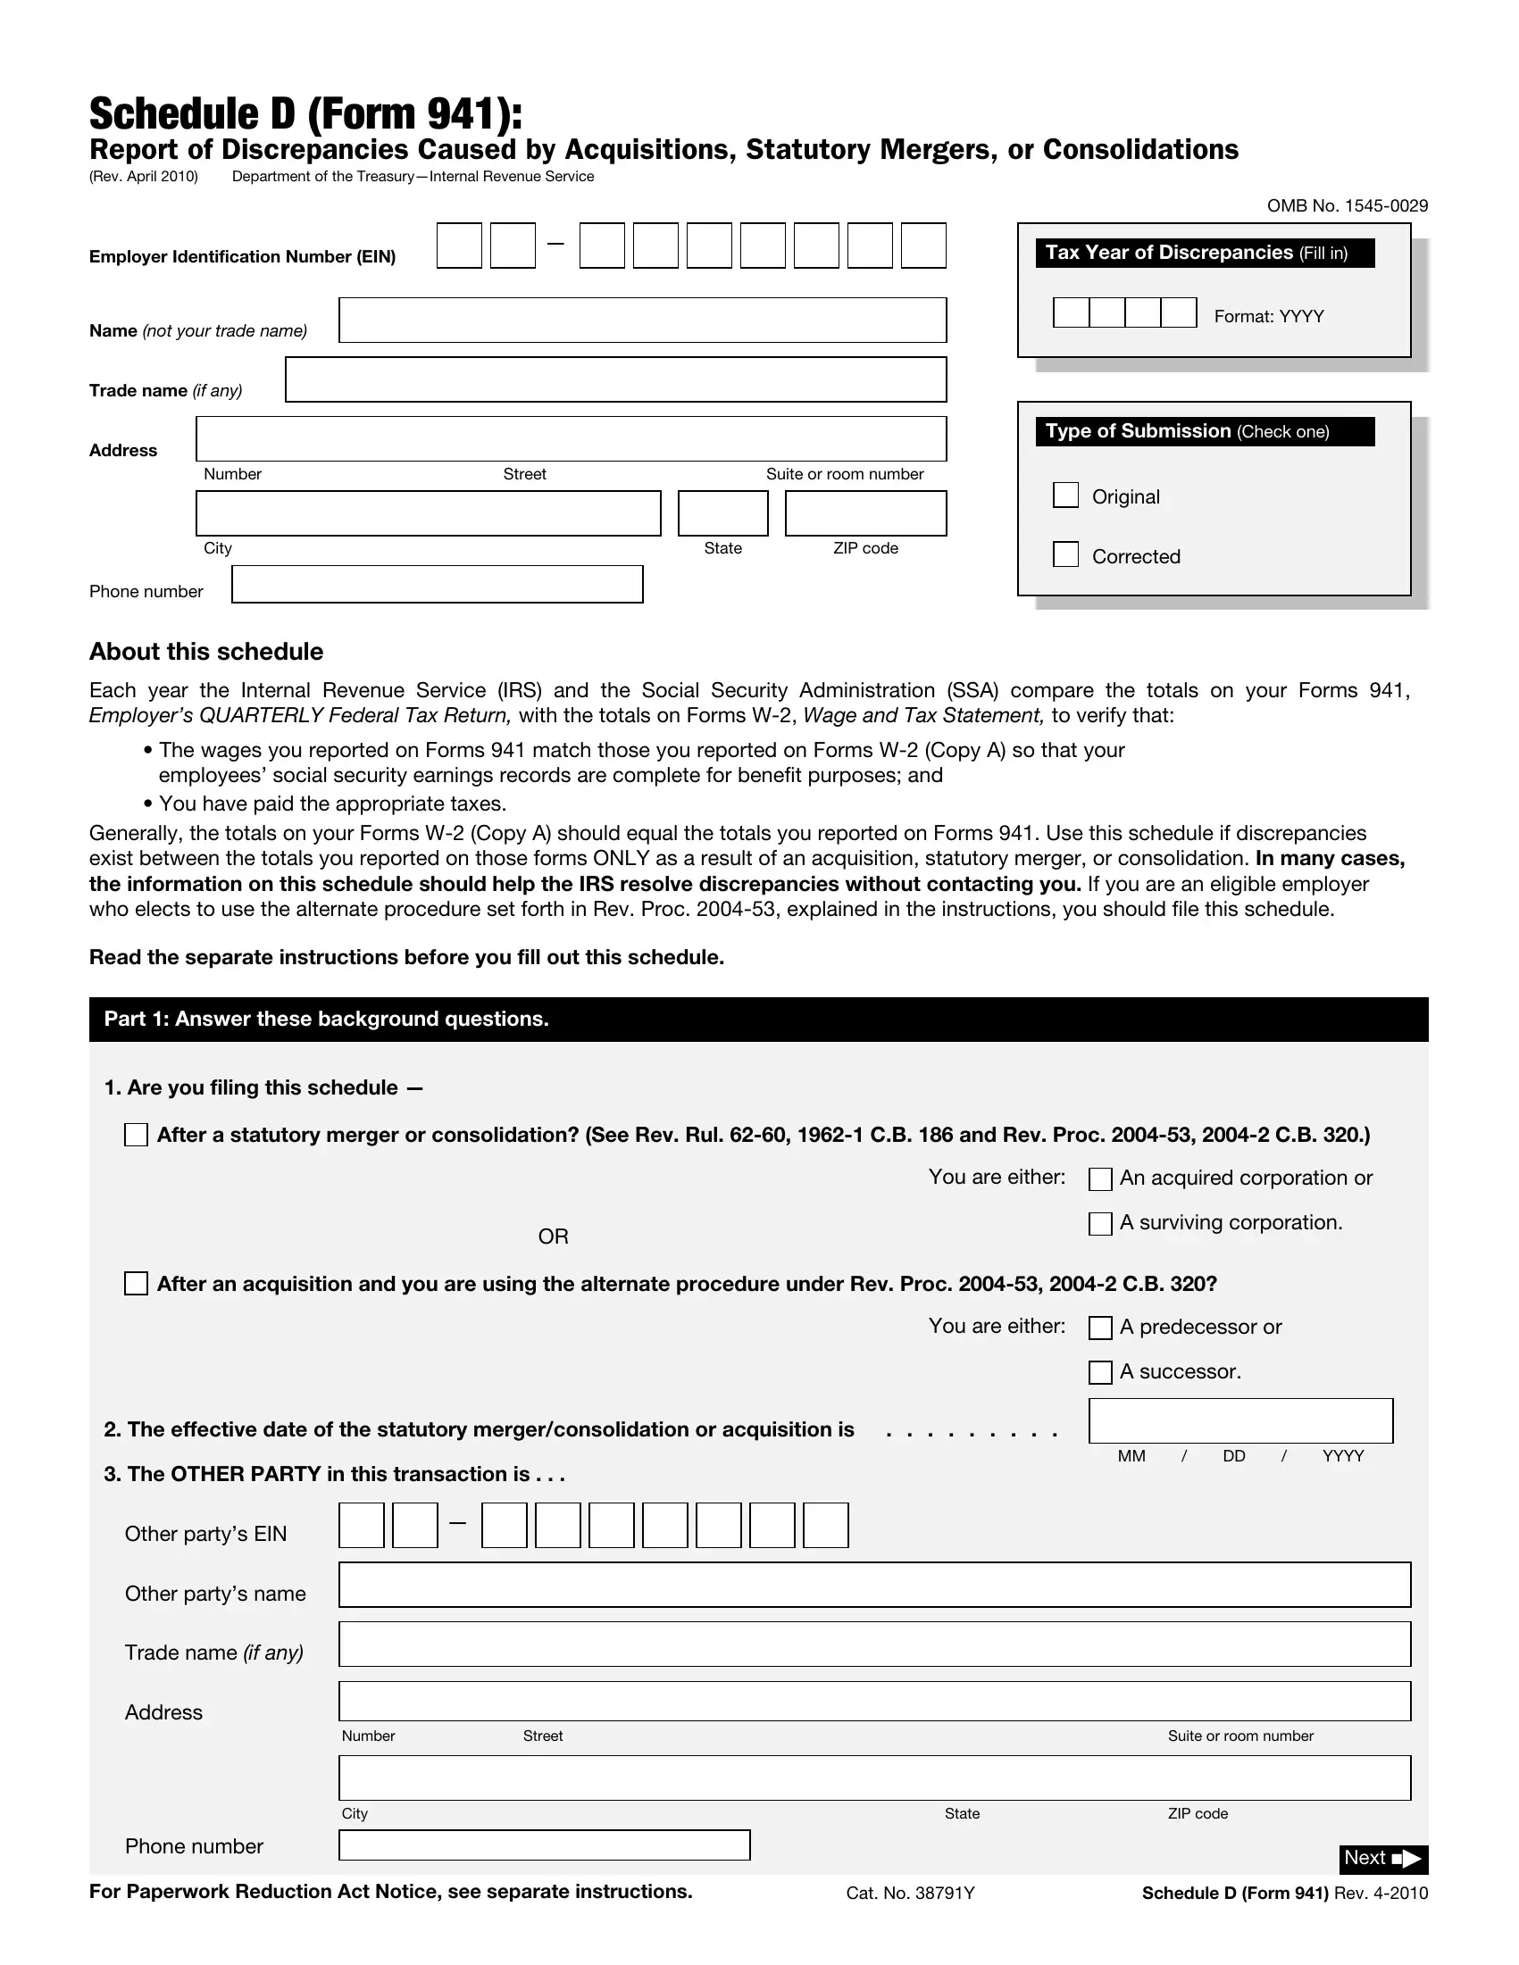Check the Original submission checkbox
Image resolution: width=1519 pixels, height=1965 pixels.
point(1065,495)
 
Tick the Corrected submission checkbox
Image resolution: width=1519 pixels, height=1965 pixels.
point(1065,554)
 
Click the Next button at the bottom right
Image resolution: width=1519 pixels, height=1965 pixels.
point(1382,1858)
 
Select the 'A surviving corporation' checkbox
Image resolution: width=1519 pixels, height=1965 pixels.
point(1099,1224)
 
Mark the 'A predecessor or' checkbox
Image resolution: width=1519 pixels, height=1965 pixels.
point(1099,1328)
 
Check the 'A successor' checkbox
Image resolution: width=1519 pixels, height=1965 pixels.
point(1099,1372)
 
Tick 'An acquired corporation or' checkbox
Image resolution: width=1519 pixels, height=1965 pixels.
point(1099,1179)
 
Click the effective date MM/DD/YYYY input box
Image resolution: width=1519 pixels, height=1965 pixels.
point(1240,1420)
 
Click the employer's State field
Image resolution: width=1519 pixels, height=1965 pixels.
point(722,512)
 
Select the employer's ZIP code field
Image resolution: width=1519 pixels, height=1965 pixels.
point(864,512)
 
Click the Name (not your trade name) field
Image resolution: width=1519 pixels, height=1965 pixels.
point(641,321)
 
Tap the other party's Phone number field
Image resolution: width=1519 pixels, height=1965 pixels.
point(544,1844)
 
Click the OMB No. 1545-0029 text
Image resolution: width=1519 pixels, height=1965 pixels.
point(1347,206)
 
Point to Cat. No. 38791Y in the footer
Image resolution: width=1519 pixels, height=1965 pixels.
point(910,1893)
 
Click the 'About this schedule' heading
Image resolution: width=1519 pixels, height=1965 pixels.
point(206,652)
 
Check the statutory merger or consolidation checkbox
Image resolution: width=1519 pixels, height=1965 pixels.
point(136,1135)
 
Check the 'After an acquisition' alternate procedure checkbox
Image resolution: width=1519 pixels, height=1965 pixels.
point(136,1284)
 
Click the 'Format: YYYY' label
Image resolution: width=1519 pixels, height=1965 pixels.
point(1268,317)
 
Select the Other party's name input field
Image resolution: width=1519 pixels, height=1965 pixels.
point(873,1585)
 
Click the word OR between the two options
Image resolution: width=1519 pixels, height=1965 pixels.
point(553,1237)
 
